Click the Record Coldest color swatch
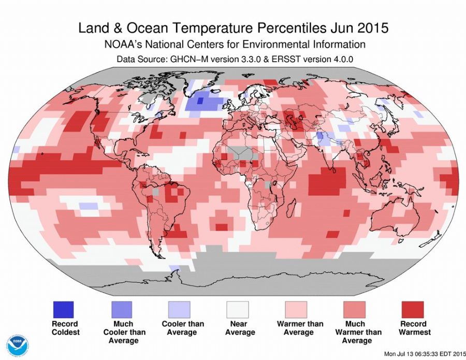click(x=63, y=310)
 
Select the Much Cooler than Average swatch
click(x=121, y=310)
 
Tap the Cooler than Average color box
click(x=179, y=310)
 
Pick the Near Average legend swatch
click(x=237, y=310)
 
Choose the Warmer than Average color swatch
click(x=296, y=310)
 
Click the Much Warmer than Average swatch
click(x=355, y=310)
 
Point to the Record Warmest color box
click(x=413, y=310)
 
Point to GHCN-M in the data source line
click(x=185, y=59)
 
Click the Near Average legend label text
click(x=237, y=328)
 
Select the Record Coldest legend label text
click(x=65, y=328)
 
